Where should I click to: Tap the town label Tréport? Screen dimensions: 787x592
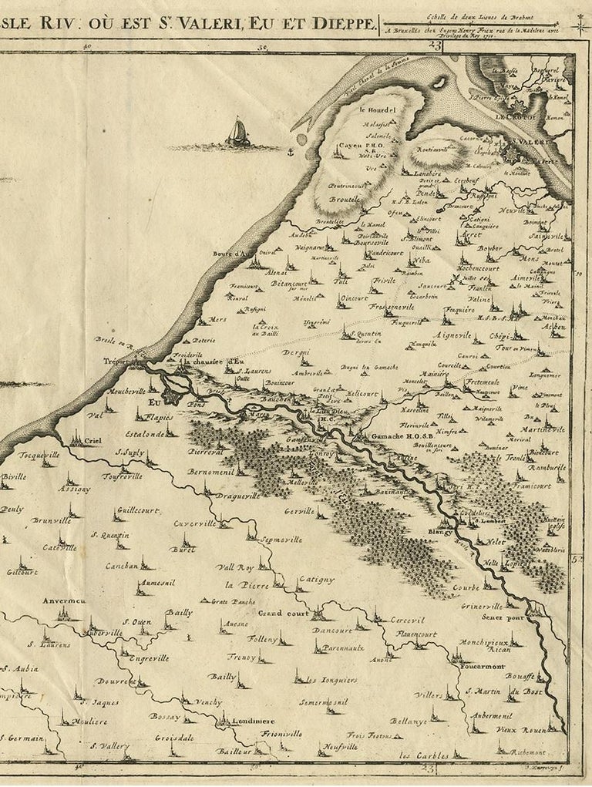tap(119, 361)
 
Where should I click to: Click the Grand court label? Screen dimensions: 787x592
tap(282, 614)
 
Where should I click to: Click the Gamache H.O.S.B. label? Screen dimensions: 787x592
tap(401, 436)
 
